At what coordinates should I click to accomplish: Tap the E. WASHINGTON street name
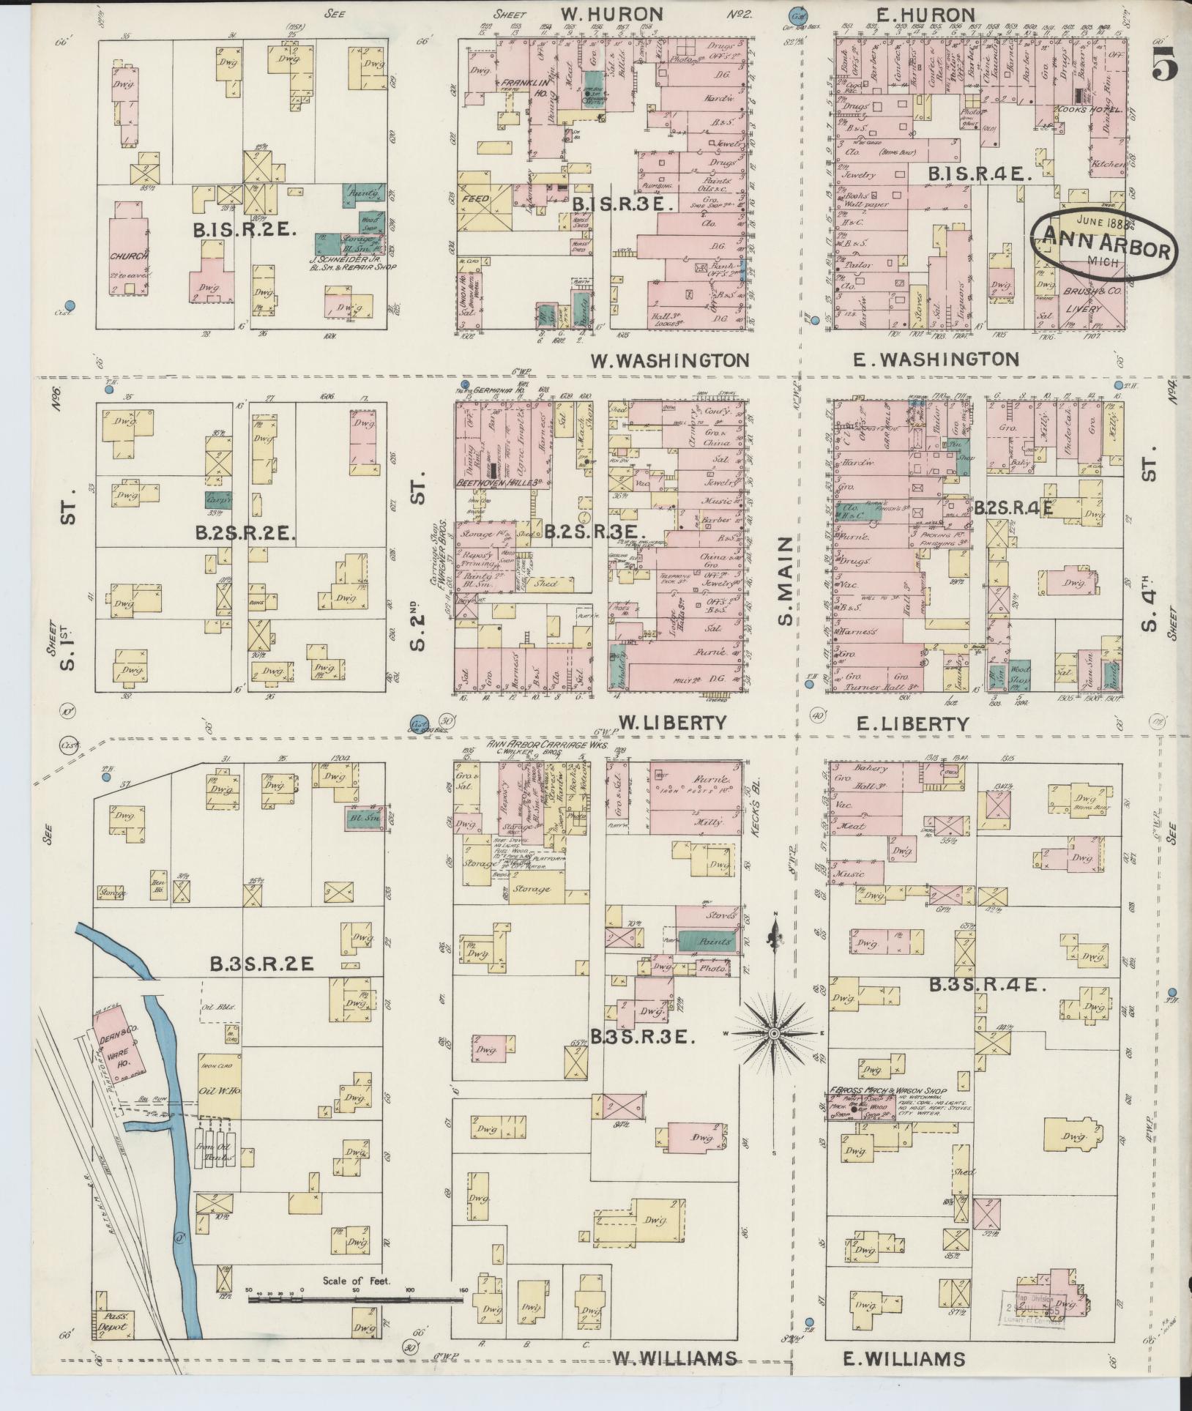pos(935,359)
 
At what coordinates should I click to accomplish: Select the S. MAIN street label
pos(786,581)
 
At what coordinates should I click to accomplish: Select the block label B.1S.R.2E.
pos(245,230)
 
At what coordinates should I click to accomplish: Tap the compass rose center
pos(773,1032)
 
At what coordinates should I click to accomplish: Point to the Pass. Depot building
pos(113,1322)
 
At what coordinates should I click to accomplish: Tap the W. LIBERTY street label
pos(672,723)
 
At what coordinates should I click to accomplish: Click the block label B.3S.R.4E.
pos(987,986)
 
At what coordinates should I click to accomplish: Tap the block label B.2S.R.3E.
pos(594,532)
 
